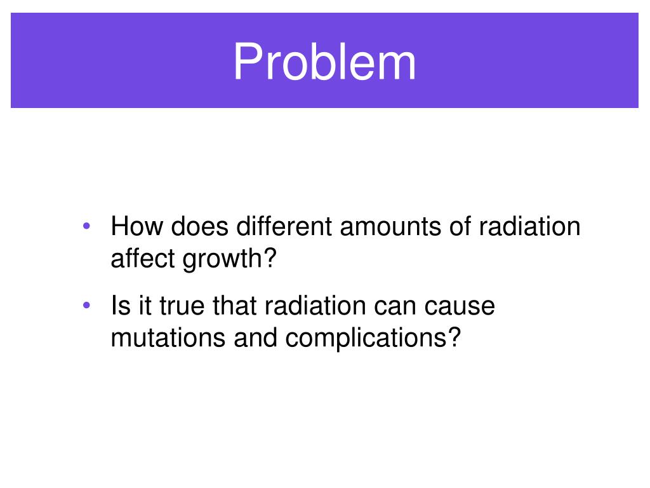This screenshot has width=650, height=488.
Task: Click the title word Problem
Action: click(x=324, y=62)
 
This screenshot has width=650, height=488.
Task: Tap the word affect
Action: click(x=144, y=259)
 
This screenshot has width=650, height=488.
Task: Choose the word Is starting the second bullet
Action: click(x=119, y=306)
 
